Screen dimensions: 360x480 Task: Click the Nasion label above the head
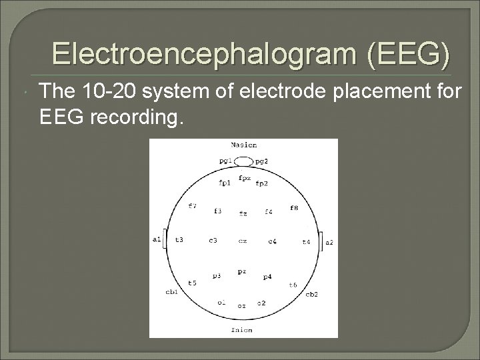point(243,145)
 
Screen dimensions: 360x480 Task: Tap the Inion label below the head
point(242,329)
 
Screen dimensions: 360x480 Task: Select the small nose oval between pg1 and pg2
point(244,161)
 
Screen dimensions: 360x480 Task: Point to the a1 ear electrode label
point(157,238)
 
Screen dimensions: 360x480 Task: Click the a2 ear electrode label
point(329,243)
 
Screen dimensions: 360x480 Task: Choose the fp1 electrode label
point(224,183)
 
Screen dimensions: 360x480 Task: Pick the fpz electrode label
point(244,178)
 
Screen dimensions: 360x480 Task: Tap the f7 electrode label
point(192,206)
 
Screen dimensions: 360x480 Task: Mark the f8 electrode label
point(294,208)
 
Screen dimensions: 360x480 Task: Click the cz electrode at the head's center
point(243,241)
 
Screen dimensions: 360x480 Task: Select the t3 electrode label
point(179,239)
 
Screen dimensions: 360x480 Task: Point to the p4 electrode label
point(267,276)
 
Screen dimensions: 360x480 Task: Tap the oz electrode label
point(242,306)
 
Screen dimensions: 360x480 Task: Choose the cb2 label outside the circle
point(311,294)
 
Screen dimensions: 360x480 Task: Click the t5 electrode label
point(192,283)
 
